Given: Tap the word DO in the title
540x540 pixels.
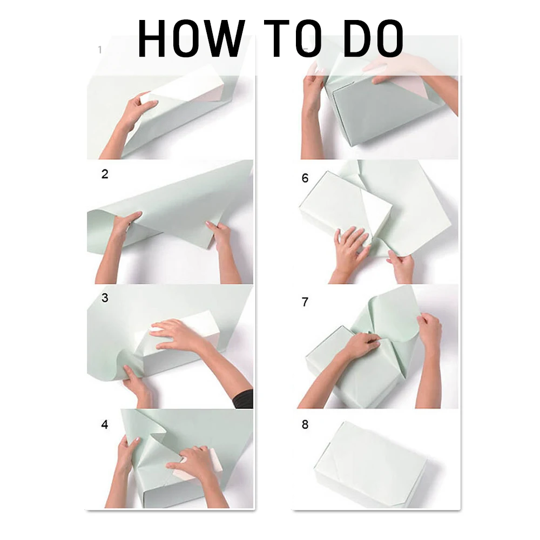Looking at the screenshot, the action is pos(373,38).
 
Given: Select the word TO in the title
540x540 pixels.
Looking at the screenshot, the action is pos(293,38).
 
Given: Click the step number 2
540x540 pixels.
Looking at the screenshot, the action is pos(105,174).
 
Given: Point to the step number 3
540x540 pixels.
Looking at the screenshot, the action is pos(105,298).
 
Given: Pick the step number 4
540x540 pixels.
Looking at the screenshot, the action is pos(105,424).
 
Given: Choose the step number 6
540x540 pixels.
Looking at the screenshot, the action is pos(305,178).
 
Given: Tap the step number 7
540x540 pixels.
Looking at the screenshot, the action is pos(305,302).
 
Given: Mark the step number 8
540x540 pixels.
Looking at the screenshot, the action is pos(305,424).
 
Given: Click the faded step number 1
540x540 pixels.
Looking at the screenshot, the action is pos(100,50).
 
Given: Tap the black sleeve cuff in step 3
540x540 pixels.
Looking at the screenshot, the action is pos(244,400).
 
